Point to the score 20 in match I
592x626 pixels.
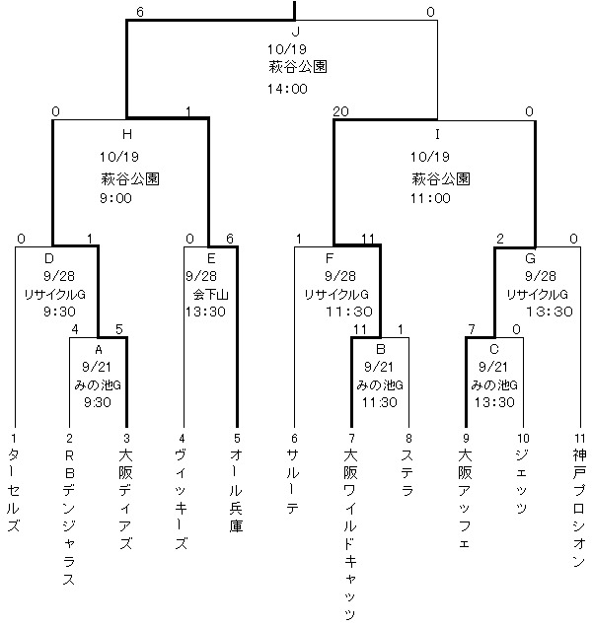(341, 111)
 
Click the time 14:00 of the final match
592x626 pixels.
(287, 88)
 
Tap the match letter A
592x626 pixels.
(98, 349)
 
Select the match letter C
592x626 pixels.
(493, 349)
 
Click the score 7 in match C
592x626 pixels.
(473, 328)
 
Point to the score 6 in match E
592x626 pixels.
(229, 239)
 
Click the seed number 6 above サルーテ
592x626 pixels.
(293, 438)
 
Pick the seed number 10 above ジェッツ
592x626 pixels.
(522, 438)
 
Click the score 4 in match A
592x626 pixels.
(74, 328)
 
